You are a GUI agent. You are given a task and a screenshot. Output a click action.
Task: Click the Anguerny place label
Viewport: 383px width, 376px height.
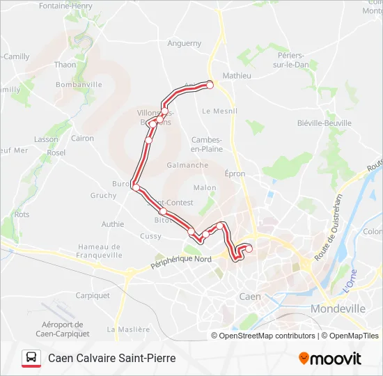click(x=185, y=43)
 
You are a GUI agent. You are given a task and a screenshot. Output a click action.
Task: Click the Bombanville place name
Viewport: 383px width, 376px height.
click(x=79, y=85)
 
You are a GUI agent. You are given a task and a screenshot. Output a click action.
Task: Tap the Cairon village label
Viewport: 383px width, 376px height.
click(x=82, y=139)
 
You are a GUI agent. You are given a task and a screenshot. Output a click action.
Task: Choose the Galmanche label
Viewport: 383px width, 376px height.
click(x=187, y=166)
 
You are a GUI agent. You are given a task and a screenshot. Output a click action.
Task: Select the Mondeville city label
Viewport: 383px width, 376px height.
click(x=338, y=308)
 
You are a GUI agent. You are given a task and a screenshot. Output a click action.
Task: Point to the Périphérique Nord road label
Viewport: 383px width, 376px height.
click(x=181, y=263)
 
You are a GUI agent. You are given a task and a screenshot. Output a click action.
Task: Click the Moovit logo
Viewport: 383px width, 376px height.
click(x=330, y=359)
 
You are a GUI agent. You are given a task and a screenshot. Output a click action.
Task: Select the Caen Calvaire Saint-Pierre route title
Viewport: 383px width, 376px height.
click(x=111, y=359)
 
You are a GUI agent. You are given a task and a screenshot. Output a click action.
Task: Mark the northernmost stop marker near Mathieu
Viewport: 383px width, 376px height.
click(x=210, y=85)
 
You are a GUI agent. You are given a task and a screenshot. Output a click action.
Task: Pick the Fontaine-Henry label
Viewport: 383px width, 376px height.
click(x=66, y=6)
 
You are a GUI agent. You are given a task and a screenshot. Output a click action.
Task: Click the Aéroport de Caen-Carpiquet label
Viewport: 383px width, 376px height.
click(x=63, y=329)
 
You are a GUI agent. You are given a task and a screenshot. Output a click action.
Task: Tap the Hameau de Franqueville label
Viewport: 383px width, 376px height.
click(x=100, y=251)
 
